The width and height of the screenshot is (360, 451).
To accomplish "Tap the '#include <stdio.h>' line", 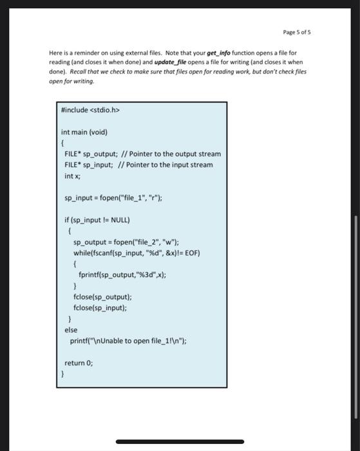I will point(90,110).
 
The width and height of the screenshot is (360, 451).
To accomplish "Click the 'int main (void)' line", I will point(84,132).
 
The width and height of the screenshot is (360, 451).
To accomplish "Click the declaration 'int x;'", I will point(71,176).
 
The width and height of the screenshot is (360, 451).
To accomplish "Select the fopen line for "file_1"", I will point(113,198).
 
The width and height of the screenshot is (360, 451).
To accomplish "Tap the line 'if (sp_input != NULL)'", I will point(97,220).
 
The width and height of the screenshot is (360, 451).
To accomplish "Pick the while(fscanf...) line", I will point(137,253).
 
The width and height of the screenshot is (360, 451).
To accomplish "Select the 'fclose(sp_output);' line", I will point(102,297).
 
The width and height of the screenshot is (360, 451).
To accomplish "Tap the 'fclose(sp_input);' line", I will point(100,308).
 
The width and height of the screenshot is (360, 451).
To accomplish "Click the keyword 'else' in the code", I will point(71,330).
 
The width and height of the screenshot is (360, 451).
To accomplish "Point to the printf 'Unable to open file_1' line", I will point(128,341).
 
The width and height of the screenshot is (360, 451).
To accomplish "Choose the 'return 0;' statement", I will point(79,363).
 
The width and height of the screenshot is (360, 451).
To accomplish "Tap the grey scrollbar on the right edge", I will point(355,316).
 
